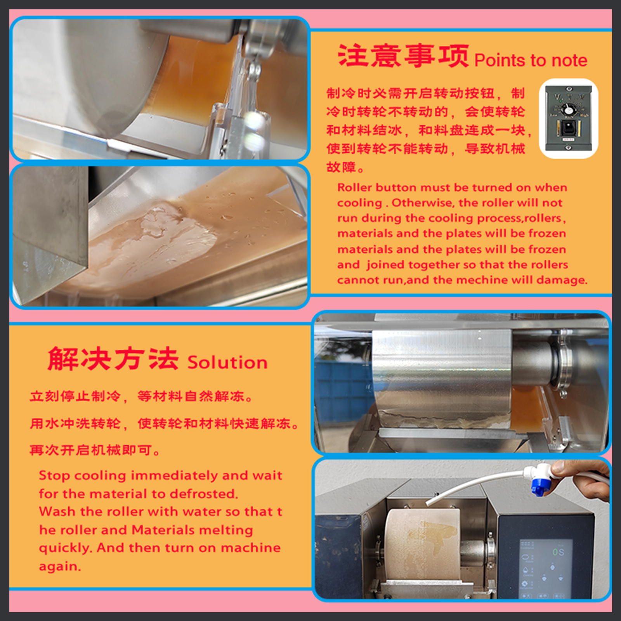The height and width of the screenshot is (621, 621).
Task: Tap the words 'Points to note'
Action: point(531,61)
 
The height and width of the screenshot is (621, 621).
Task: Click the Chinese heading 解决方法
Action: point(113,359)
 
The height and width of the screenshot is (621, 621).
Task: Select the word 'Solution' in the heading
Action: point(228,363)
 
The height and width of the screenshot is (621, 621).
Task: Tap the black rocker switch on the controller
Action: point(568,128)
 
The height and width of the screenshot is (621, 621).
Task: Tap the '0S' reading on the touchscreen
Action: point(559,552)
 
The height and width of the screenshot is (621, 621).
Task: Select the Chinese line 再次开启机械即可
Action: point(95,450)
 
